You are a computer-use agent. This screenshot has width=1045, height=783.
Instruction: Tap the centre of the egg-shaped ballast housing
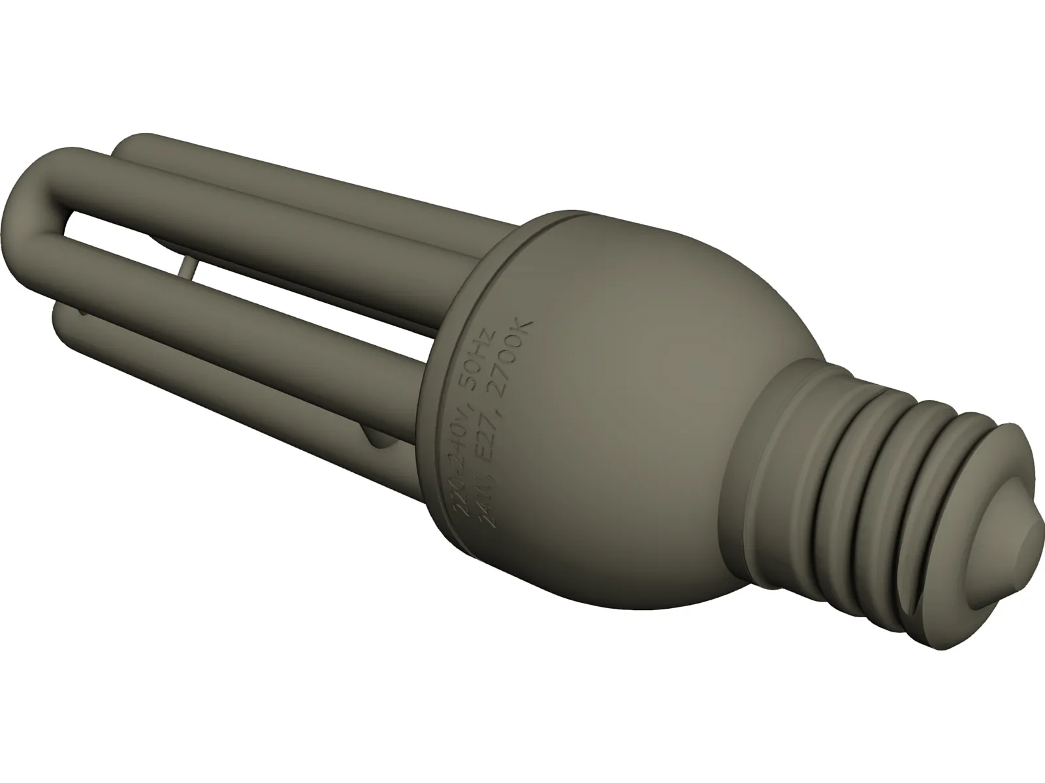click(607, 391)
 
